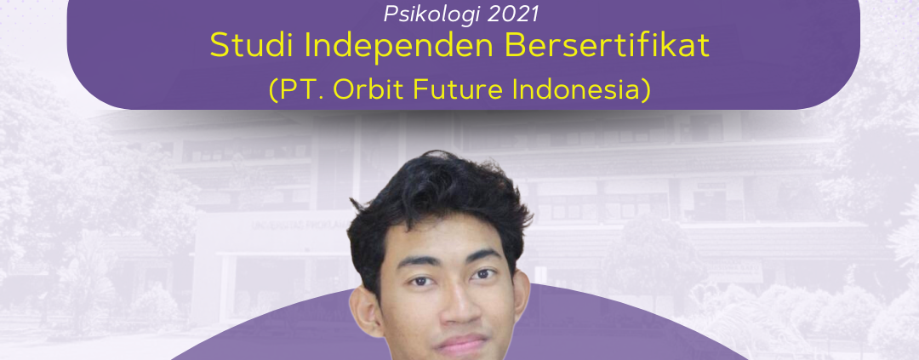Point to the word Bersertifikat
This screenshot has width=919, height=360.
[x=607, y=46]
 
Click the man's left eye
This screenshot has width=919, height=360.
[x=484, y=273]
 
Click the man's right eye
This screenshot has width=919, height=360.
[x=419, y=281]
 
